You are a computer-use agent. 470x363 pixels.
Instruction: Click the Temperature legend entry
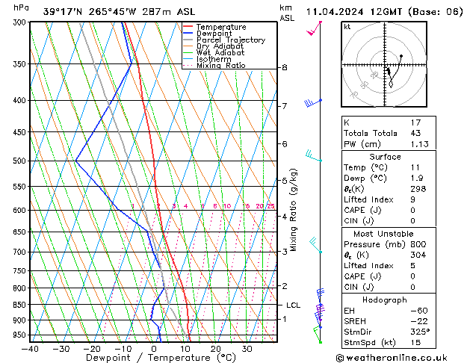220,27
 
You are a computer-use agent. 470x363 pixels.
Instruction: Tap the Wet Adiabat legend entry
220,52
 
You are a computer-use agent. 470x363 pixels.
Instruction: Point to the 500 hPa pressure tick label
19,161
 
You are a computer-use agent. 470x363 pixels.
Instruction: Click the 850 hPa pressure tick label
19,305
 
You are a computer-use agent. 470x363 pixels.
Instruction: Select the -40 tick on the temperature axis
30,349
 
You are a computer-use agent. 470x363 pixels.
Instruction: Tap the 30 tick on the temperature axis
247,349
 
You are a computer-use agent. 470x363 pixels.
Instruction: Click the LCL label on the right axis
293,305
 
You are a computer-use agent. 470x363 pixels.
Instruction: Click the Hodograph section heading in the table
385,300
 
